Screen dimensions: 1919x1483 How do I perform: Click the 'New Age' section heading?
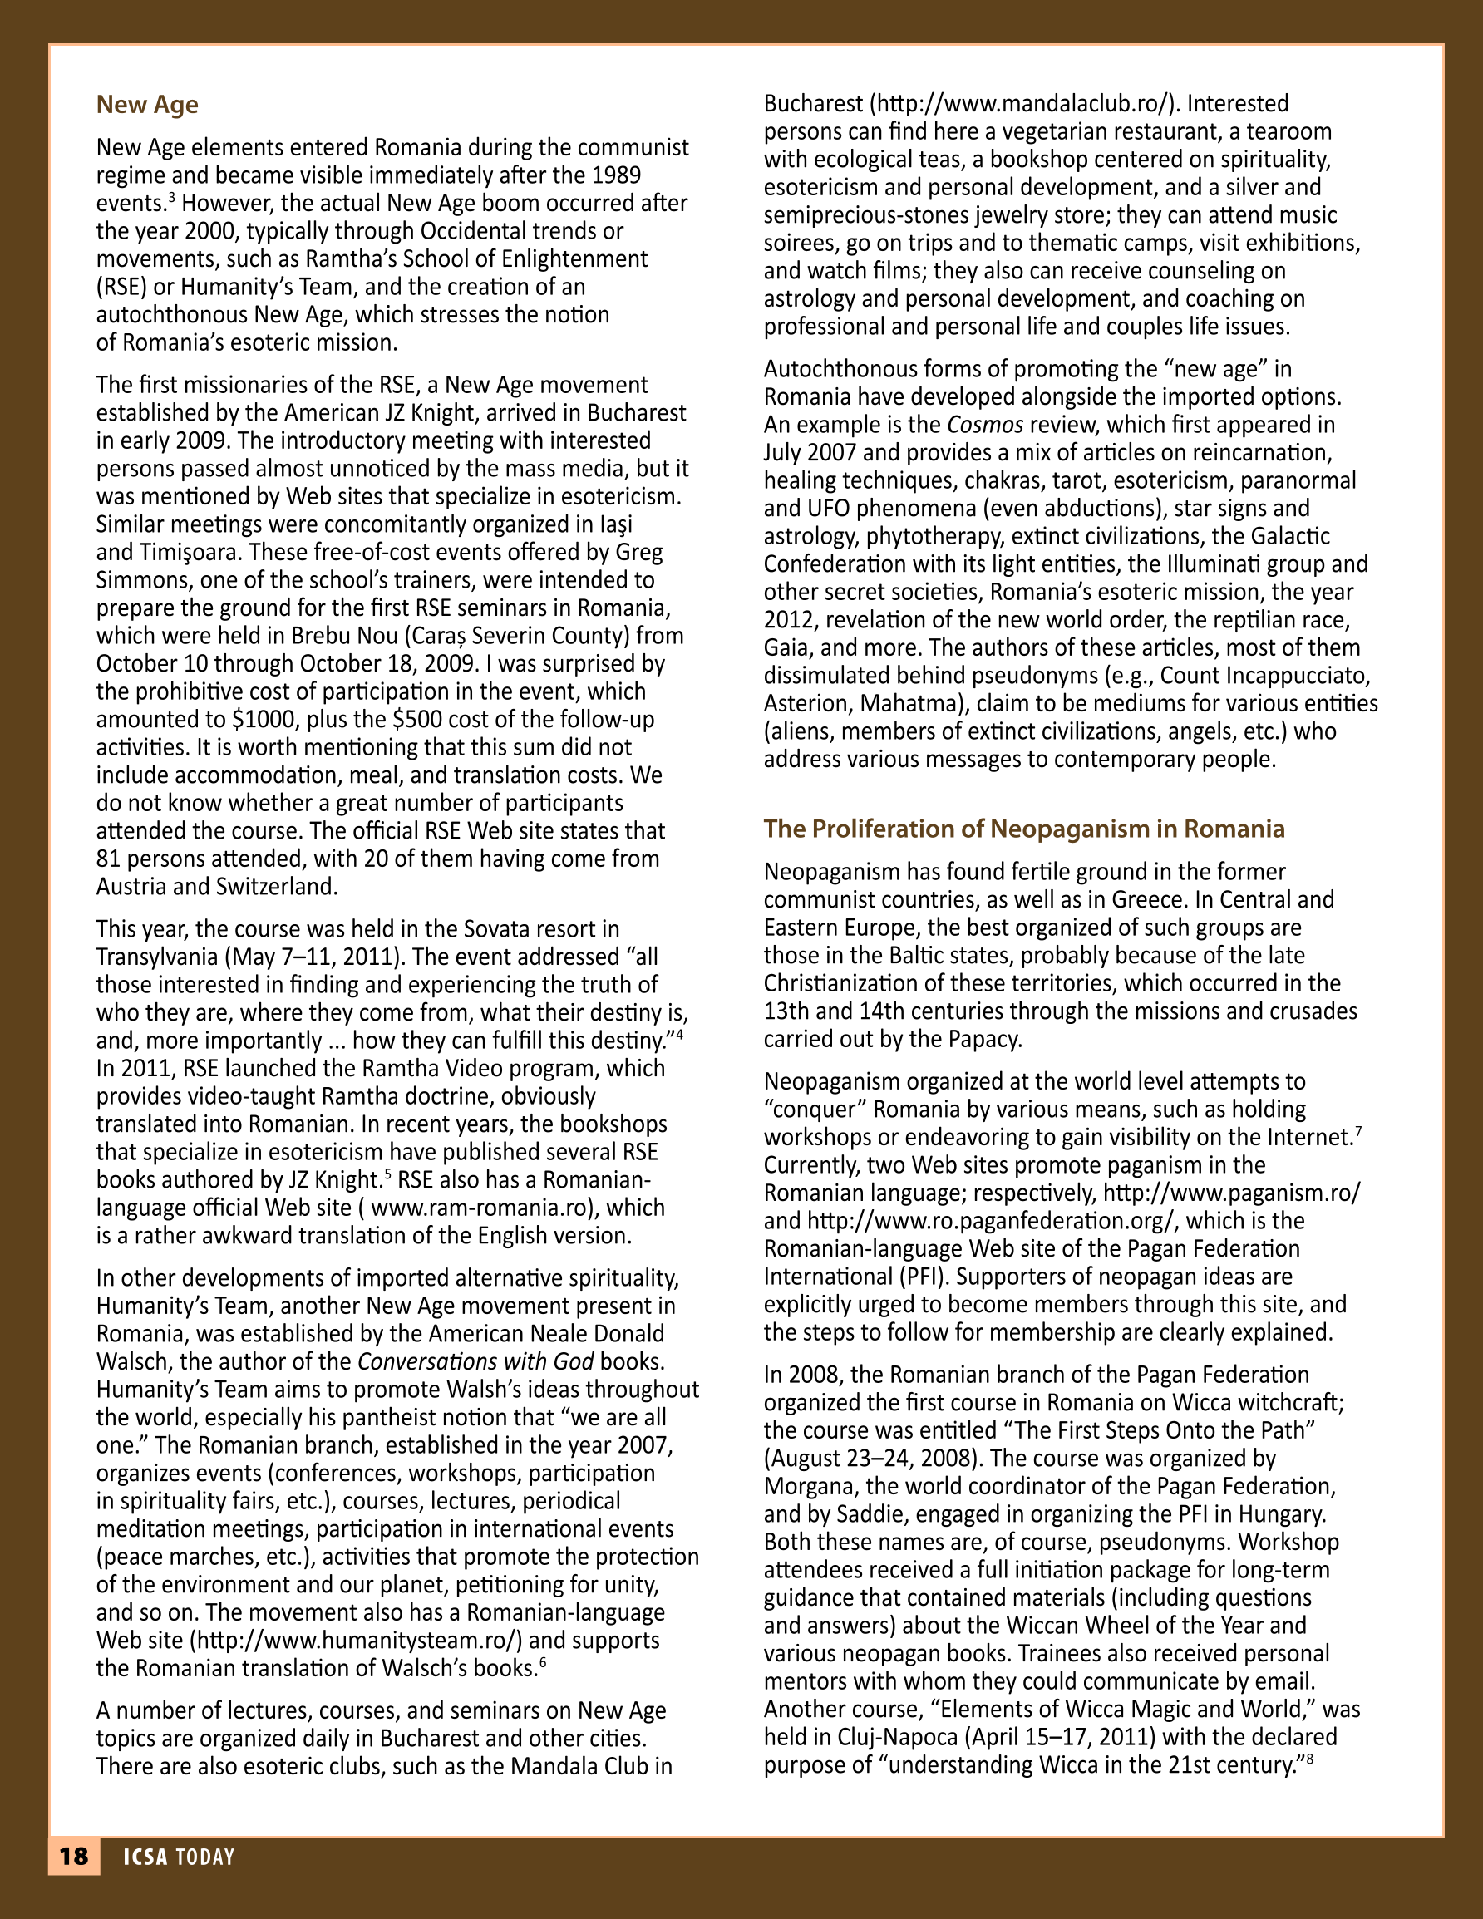(147, 105)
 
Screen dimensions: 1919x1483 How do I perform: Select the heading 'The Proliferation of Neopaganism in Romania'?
(1023, 829)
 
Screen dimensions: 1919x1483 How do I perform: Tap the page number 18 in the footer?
(74, 1856)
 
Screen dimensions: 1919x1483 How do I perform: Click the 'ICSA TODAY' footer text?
(179, 1857)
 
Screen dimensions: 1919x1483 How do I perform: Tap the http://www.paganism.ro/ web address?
(1230, 1193)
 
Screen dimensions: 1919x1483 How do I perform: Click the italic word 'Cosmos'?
(984, 425)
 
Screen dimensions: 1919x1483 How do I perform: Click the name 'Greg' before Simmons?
(639, 552)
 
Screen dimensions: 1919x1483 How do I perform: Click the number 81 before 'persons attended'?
(109, 859)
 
